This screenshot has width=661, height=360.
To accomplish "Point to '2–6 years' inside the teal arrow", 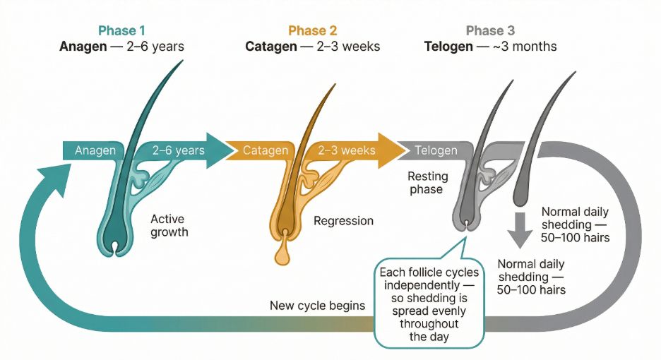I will point(179,150).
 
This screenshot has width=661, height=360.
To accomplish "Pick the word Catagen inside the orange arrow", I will point(266,150).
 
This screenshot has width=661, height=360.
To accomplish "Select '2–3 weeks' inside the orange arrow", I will point(346,150).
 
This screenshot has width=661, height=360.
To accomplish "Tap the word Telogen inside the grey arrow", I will point(436,150).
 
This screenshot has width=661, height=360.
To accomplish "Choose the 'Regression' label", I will point(343,221).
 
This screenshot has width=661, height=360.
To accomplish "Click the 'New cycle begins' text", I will point(317,306).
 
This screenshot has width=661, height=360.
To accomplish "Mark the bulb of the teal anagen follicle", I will point(115,240).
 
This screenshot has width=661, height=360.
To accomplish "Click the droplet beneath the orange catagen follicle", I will point(282,255).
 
